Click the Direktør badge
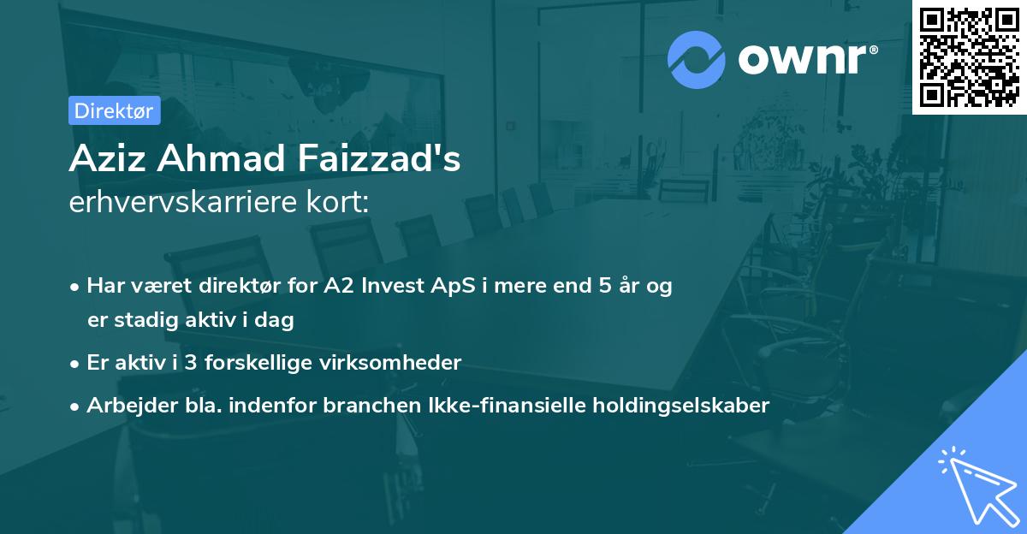[x=114, y=110]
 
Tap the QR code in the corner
[x=969, y=56]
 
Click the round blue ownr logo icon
[x=697, y=59]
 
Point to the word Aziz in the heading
[x=101, y=160]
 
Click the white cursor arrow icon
[x=975, y=484]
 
